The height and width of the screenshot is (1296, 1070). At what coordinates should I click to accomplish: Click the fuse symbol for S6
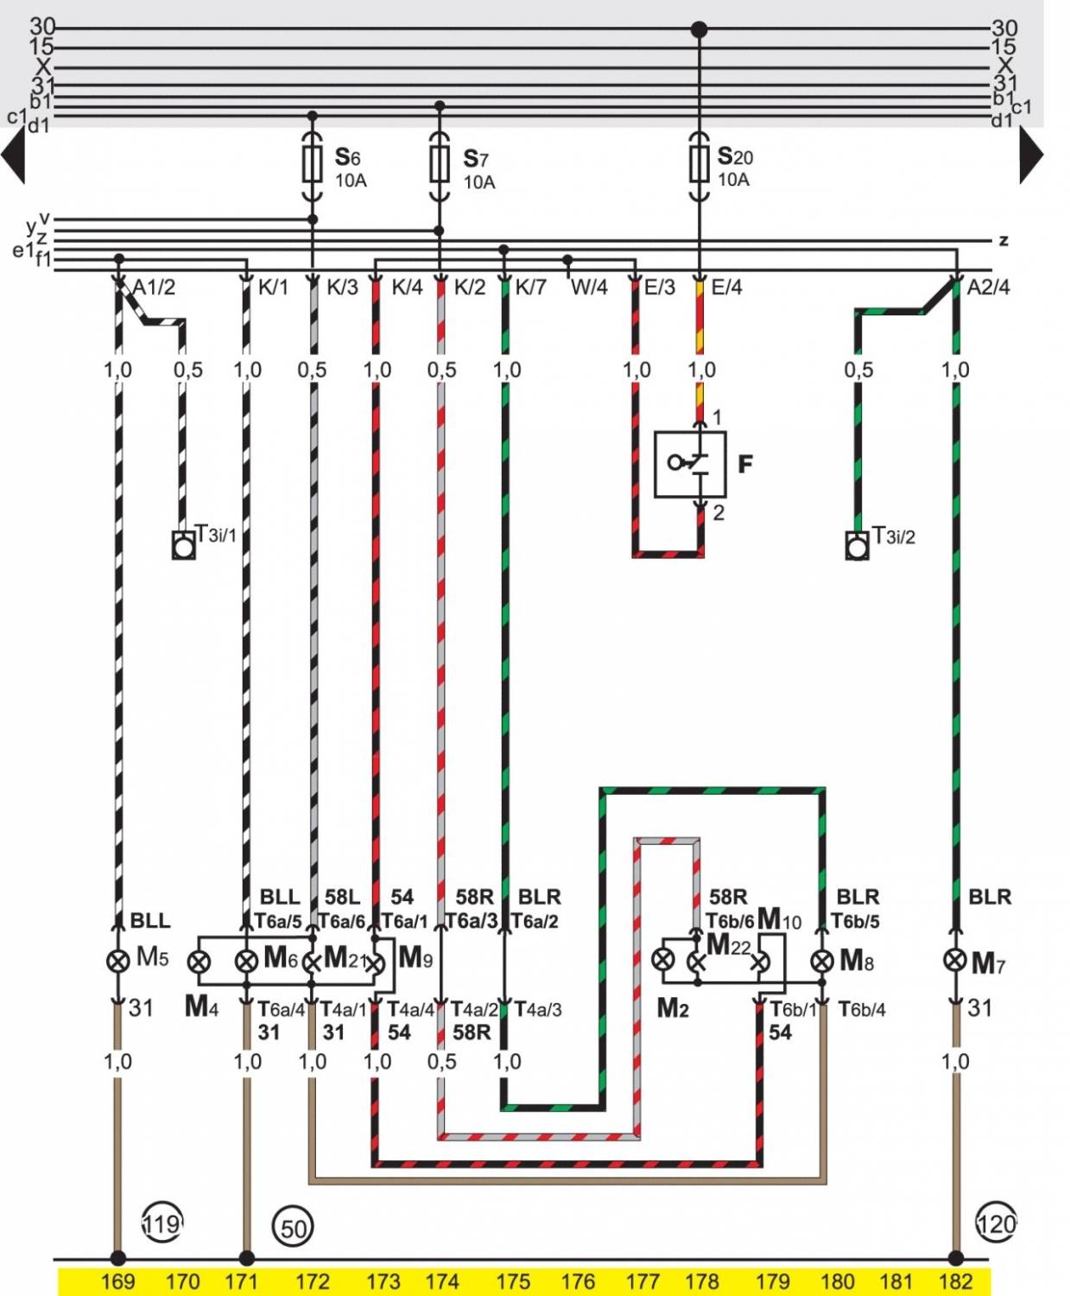[313, 163]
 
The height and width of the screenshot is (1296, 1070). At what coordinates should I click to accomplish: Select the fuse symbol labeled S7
[440, 162]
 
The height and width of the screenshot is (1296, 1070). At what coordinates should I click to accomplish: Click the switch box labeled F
[689, 465]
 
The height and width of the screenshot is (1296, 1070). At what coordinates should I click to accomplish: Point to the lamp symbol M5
[117, 959]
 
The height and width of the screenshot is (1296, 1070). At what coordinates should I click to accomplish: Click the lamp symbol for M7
[954, 960]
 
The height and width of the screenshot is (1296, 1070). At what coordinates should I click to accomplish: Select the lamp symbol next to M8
[821, 960]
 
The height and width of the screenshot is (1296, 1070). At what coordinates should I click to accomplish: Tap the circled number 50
[293, 1228]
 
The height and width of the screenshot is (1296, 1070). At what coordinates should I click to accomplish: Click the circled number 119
[161, 1223]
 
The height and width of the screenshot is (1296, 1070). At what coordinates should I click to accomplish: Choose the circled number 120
[997, 1223]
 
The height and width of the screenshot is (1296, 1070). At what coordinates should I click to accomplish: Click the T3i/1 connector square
[183, 546]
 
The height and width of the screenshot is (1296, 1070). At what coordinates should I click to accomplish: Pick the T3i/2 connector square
[857, 546]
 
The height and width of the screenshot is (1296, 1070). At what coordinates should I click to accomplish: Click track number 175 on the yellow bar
[513, 1281]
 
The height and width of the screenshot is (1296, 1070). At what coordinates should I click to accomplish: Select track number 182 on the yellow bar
[955, 1281]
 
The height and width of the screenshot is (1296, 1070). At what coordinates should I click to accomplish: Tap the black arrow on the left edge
[14, 156]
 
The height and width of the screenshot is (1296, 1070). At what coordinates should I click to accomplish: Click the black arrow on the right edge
[1030, 156]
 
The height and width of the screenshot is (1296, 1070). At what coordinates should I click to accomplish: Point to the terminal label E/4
[726, 287]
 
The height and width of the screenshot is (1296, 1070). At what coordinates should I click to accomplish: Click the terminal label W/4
[589, 287]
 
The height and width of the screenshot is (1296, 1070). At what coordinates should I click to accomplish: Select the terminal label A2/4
[988, 287]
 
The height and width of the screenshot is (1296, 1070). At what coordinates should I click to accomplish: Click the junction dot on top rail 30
[700, 30]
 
